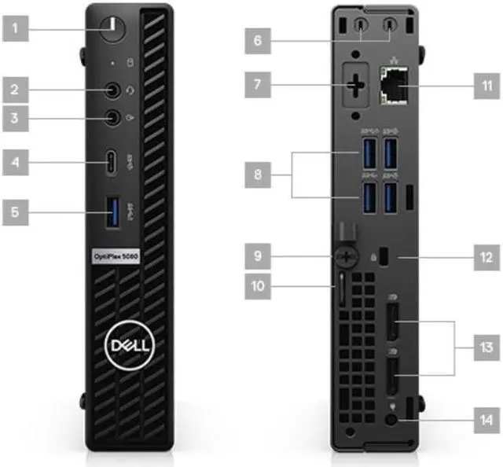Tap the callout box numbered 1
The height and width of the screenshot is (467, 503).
click(24, 32)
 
